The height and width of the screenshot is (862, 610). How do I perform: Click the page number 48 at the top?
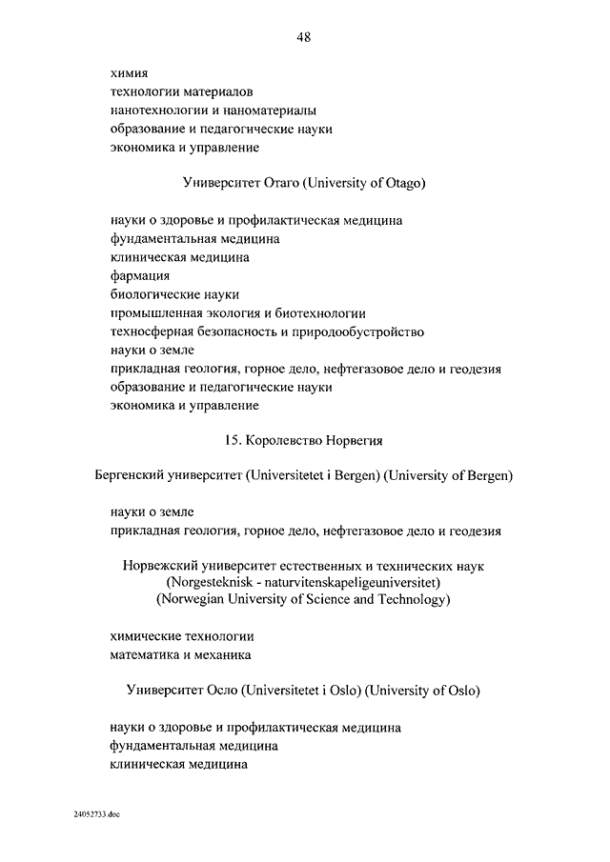coord(304,37)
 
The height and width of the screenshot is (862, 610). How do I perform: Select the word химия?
coord(128,72)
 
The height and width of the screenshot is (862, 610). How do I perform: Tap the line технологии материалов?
coord(181,91)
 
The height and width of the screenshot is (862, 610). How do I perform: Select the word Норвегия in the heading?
coord(355,441)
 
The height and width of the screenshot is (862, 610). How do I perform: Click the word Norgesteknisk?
coord(210,582)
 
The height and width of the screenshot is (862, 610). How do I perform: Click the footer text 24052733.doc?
coord(96,816)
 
